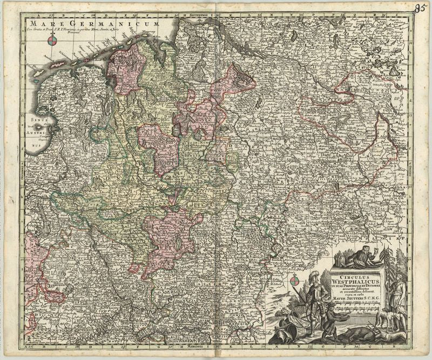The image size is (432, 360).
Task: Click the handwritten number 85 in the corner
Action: click(421, 8)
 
